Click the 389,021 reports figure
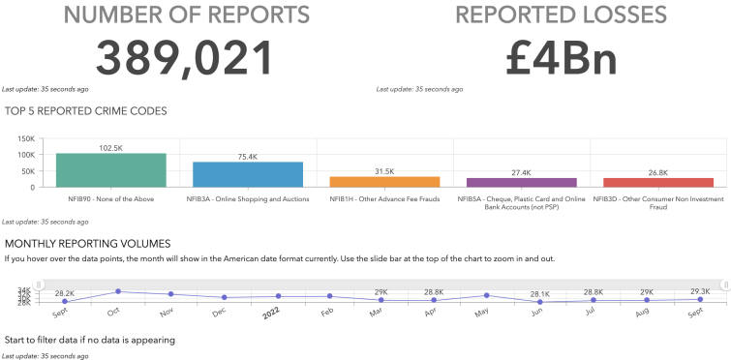[188, 58]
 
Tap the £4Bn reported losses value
[561, 58]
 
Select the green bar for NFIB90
[111, 169]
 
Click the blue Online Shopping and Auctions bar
[248, 173]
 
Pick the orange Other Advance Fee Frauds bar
[384, 181]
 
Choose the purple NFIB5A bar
[521, 181]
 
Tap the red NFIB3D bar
[658, 182]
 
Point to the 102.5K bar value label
[111, 148]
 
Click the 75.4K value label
[248, 157]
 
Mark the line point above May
[486, 295]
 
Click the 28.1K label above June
[539, 293]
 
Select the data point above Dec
[224, 297]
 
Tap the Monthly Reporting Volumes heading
[88, 243]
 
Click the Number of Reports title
[188, 15]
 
